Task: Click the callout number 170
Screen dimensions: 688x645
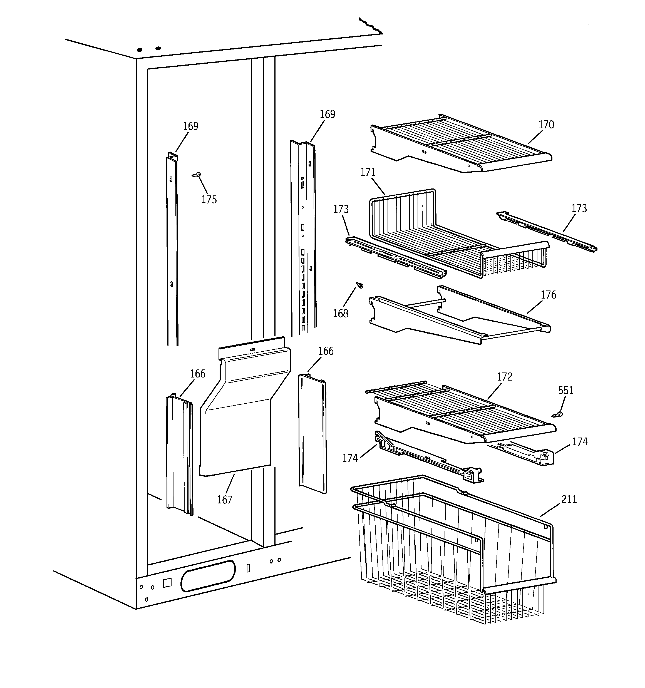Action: [x=546, y=125]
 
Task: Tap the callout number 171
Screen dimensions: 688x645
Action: [x=368, y=172]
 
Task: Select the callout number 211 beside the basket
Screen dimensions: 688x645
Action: [x=569, y=499]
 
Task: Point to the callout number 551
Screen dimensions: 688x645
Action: [x=565, y=390]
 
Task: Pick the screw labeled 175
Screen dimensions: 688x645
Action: [x=196, y=175]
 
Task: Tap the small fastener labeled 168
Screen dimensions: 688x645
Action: [x=360, y=285]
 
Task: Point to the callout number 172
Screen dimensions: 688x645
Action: [x=504, y=377]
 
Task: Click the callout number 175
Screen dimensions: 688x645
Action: [x=209, y=200]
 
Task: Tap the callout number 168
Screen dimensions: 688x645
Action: [x=340, y=314]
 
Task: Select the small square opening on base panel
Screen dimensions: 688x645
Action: [x=167, y=583]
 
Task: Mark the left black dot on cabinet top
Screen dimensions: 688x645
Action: [x=140, y=50]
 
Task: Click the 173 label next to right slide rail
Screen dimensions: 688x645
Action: [x=579, y=208]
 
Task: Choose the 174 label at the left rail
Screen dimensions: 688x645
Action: [x=350, y=458]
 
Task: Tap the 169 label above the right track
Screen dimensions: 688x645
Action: [x=327, y=114]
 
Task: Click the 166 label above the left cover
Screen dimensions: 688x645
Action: [x=197, y=374]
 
